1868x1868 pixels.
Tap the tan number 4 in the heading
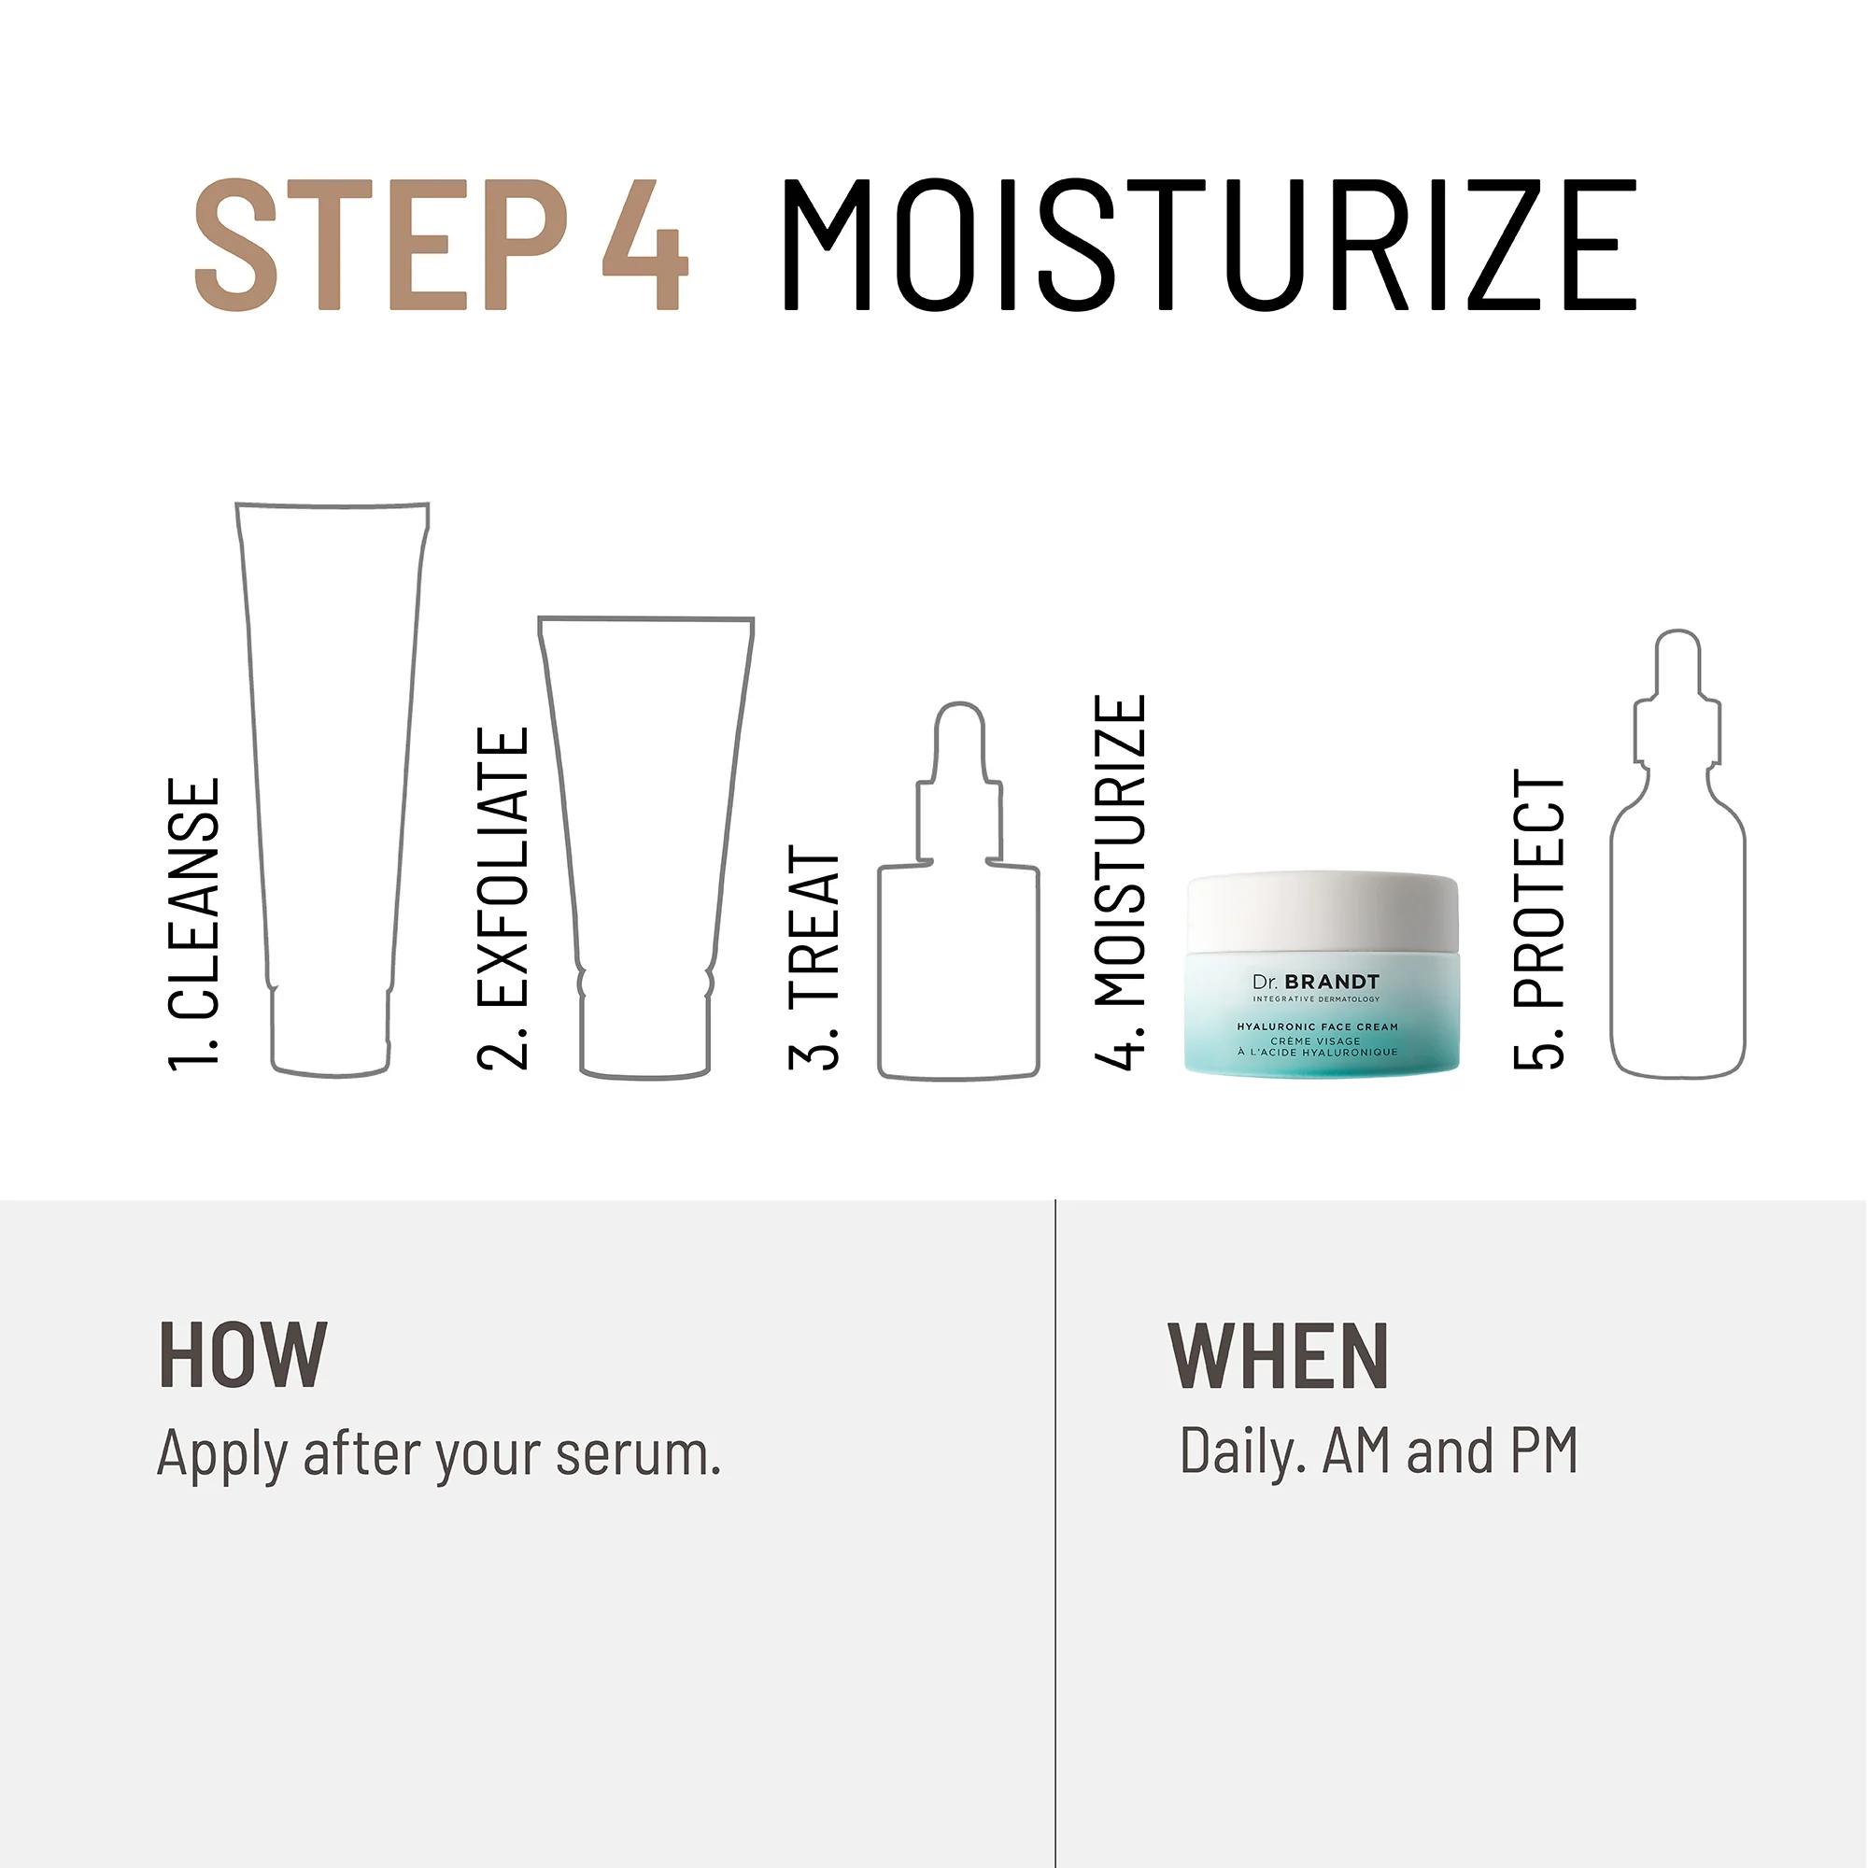tap(644, 245)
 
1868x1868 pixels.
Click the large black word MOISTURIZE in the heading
tap(1208, 245)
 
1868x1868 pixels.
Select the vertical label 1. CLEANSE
tap(194, 925)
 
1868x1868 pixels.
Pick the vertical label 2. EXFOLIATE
tap(503, 899)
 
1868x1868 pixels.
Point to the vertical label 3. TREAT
tap(814, 958)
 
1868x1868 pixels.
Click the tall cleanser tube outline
tap(331, 773)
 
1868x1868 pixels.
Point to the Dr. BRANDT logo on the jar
tap(1316, 983)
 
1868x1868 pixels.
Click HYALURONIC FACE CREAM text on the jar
tap(1318, 1026)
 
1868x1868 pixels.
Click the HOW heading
tap(243, 1356)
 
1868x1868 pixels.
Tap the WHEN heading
tap(1279, 1356)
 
